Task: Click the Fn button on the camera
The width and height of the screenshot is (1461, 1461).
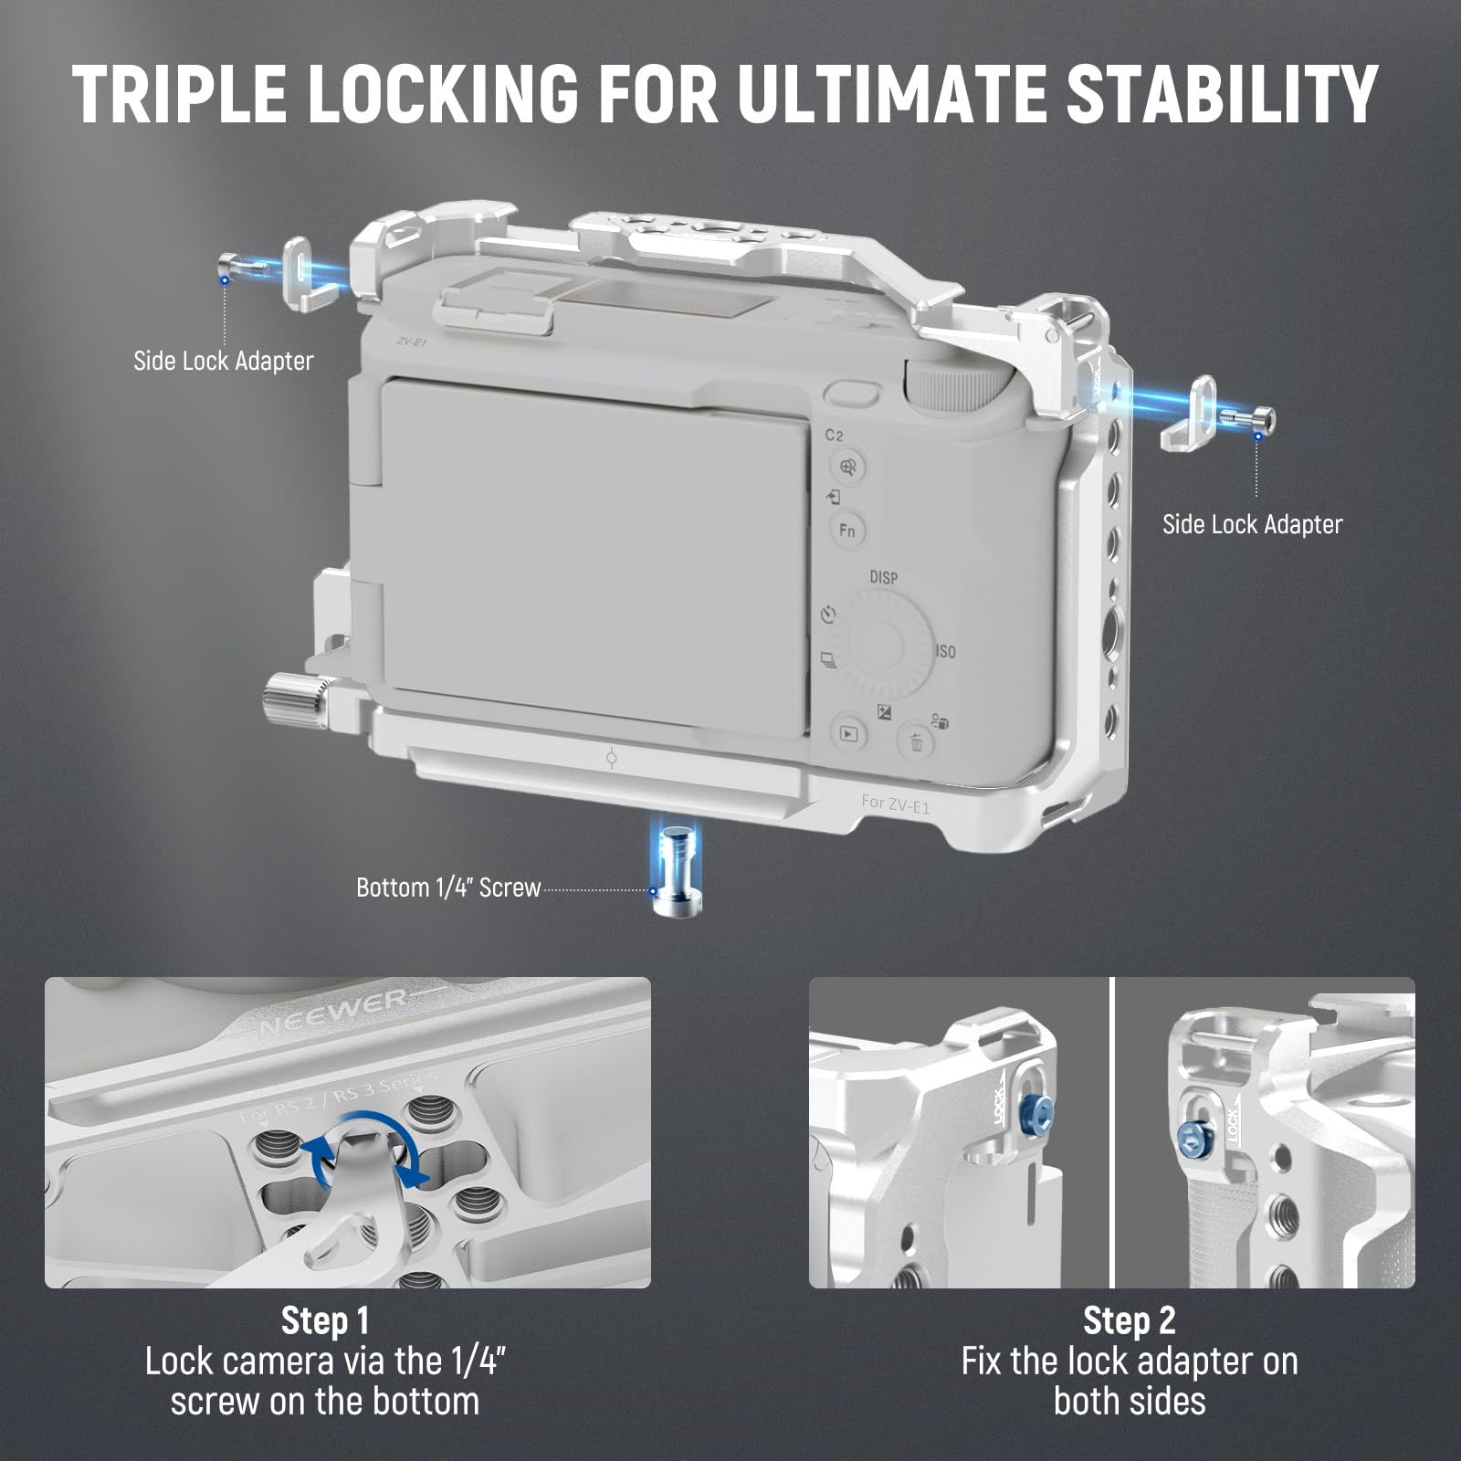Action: pyautogui.click(x=847, y=530)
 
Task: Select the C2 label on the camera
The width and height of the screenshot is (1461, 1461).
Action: pyautogui.click(x=835, y=436)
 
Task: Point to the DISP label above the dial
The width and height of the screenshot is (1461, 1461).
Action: pyautogui.click(x=883, y=578)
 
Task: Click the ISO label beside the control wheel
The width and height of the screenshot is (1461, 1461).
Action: pyautogui.click(x=945, y=652)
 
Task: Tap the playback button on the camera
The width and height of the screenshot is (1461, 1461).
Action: pyautogui.click(x=849, y=732)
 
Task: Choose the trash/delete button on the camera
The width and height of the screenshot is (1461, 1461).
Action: pyautogui.click(x=916, y=741)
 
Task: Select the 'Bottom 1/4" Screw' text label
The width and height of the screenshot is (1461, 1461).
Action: pyautogui.click(x=448, y=888)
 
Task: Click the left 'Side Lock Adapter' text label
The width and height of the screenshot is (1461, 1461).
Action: pyautogui.click(x=224, y=361)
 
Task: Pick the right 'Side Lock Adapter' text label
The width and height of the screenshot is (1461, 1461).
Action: pyautogui.click(x=1252, y=524)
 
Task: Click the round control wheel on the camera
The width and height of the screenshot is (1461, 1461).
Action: pyautogui.click(x=888, y=639)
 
